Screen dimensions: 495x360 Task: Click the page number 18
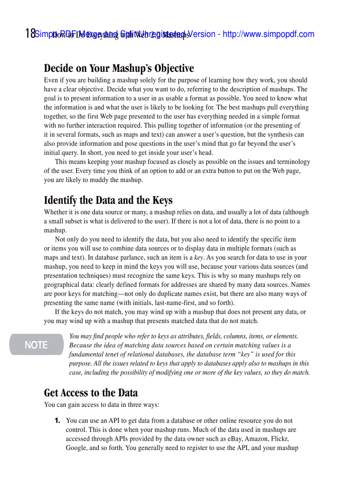pos(30,33)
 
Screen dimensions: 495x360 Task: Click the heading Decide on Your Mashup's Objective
pos(119,68)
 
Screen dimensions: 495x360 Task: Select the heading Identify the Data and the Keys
pos(108,200)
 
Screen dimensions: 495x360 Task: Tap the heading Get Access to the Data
pos(91,392)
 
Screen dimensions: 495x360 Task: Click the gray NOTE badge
pos(36,345)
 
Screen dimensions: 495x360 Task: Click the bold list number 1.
pos(57,421)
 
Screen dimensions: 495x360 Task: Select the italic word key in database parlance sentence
pos(199,257)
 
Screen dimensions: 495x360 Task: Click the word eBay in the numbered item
pos(235,439)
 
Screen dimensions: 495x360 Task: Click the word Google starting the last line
pos(76,448)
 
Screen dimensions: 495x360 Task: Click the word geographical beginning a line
pos(61,285)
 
